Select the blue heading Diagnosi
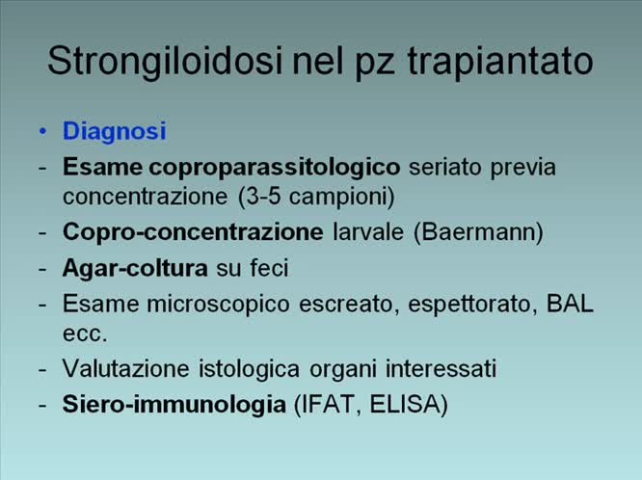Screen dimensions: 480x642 pyautogui.click(x=115, y=130)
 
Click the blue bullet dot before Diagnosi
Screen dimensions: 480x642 pyautogui.click(x=42, y=130)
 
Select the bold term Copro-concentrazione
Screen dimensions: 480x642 pyautogui.click(x=193, y=232)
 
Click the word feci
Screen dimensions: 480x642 pyautogui.click(x=268, y=268)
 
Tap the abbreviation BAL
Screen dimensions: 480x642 pyautogui.click(x=571, y=304)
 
